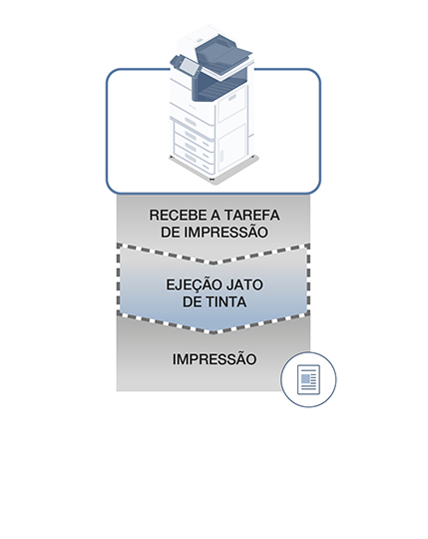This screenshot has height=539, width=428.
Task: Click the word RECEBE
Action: point(178,216)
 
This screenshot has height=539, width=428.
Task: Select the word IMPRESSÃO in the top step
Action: point(226,232)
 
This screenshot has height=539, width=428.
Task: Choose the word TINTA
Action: point(226,302)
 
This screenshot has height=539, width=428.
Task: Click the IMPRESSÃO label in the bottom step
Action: point(214,359)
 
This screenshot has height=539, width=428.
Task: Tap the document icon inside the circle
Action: point(308,379)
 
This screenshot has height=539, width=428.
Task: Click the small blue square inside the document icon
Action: point(305,378)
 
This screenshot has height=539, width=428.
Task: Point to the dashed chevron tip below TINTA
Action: point(213,332)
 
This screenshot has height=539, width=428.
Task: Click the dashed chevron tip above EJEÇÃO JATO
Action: point(213,263)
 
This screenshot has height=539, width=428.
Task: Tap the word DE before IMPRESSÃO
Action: point(170,233)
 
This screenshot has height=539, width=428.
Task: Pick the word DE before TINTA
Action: point(192,302)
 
